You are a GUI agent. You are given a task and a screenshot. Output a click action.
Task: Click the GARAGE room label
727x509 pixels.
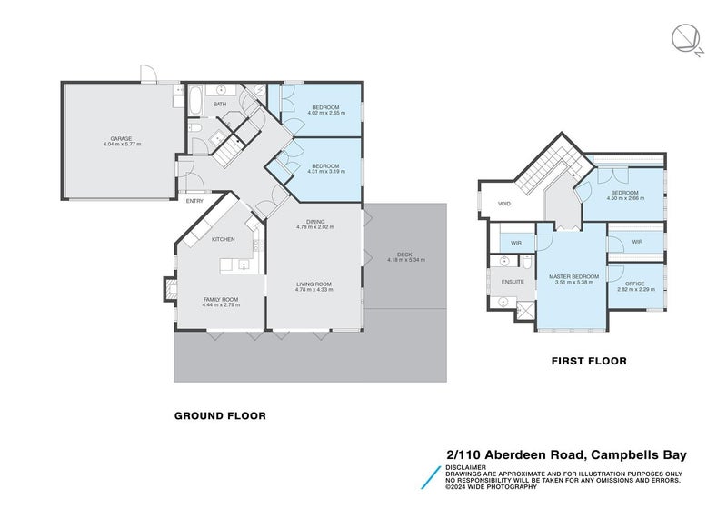pos(121,139)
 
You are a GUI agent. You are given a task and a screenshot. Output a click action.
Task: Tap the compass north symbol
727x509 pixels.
pos(686,38)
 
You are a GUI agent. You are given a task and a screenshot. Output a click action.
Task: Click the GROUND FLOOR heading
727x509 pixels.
pos(220,415)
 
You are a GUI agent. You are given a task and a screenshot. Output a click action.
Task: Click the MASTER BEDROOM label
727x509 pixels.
pos(573,276)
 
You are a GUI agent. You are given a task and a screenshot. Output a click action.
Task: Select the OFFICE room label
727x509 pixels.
pos(634,284)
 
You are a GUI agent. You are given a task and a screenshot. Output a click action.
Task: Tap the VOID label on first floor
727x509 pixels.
pos(504,204)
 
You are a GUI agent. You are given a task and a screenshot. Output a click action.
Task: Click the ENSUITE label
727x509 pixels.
pos(513,282)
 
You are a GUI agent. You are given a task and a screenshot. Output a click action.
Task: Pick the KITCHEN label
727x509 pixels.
pos(224,239)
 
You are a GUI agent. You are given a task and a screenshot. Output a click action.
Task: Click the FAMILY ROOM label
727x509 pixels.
pos(220,299)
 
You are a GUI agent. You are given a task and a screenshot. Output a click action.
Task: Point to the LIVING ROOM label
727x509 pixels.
pos(314,284)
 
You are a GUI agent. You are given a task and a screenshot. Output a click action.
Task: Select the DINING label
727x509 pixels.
pos(315,221)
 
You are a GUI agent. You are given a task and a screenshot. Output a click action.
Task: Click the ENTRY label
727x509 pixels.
pos(194,201)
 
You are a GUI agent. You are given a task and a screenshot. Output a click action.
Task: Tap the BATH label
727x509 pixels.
pos(220,105)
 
